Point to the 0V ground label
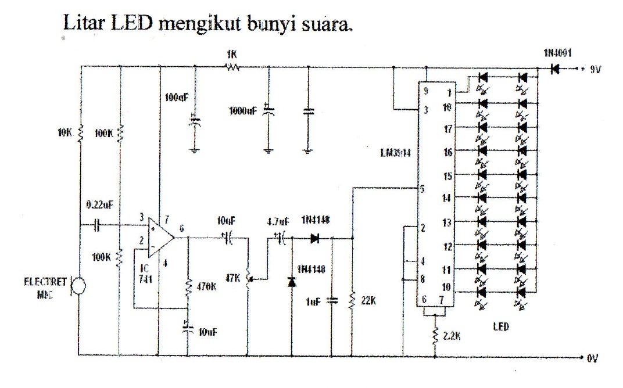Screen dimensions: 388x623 pyautogui.click(x=592, y=359)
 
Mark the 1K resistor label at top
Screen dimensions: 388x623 pyautogui.click(x=232, y=54)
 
